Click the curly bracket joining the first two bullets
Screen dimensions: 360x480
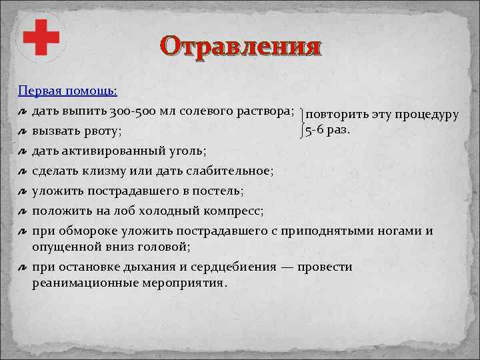(302, 121)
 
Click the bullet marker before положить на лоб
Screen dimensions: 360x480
(22, 211)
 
